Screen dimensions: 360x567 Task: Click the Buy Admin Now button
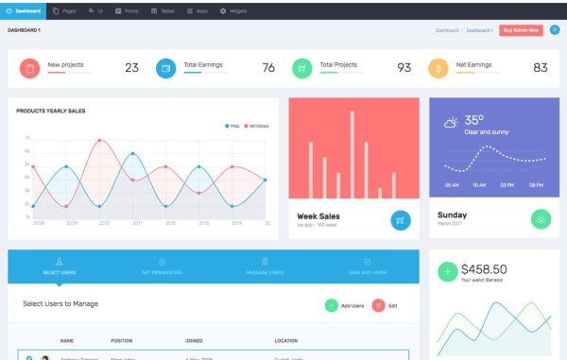[521, 30]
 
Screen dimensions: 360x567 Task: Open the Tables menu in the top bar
[163, 10]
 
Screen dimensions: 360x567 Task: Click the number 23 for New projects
[131, 68]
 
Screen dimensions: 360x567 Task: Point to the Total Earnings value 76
[268, 68]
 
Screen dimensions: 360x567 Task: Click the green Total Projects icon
[301, 68]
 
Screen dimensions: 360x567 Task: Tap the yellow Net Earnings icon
[438, 68]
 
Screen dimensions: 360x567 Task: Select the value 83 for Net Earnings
[541, 68]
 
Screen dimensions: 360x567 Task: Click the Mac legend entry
[233, 126]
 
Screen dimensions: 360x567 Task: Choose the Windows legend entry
[257, 126]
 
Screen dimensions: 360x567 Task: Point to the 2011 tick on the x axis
[137, 223]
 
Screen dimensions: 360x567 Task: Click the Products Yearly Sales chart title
[51, 111]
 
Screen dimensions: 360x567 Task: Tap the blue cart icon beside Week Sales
[401, 219]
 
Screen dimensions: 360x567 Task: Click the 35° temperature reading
[473, 120]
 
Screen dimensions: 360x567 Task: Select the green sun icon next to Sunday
[541, 218]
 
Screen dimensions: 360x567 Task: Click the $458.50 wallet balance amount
[484, 269]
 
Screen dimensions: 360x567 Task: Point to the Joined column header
[195, 340]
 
